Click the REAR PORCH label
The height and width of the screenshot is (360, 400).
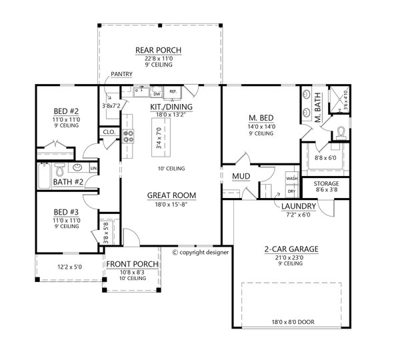159,50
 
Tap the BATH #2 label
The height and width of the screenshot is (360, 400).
67,181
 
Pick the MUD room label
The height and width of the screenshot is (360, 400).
241,177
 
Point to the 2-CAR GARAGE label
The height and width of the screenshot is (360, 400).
289,249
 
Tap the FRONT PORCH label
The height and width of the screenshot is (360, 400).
132,264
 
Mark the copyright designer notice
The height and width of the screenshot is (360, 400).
200,253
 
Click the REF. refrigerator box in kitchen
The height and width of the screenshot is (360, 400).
173,91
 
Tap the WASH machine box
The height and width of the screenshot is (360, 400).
291,179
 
